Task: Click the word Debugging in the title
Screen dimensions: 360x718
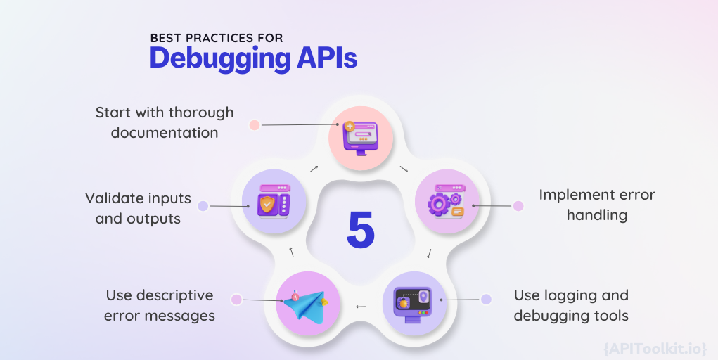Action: [219, 58]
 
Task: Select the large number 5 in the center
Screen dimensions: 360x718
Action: [360, 229]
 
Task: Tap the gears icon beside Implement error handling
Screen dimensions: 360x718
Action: [445, 202]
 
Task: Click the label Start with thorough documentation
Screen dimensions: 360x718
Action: [165, 122]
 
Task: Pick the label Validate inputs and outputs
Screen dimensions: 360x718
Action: [138, 208]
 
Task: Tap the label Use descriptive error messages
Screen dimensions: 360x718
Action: [160, 305]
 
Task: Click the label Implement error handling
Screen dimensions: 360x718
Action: [597, 205]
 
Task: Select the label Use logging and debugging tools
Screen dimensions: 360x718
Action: [571, 305]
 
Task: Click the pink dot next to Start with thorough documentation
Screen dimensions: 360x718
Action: [255, 125]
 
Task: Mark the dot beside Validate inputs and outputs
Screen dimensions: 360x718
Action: [203, 206]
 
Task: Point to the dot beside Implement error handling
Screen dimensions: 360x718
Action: [518, 206]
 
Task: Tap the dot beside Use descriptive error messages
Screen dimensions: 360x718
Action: [236, 300]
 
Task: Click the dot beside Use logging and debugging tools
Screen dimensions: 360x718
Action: [486, 300]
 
